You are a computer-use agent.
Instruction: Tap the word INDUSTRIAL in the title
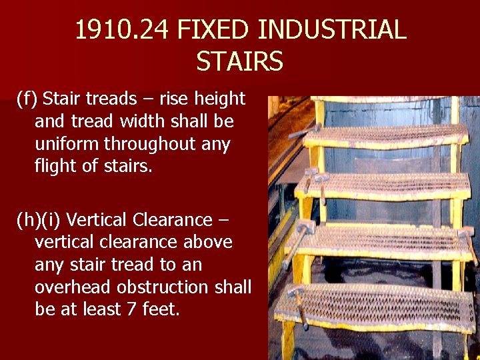pyautogui.click(x=331, y=30)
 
